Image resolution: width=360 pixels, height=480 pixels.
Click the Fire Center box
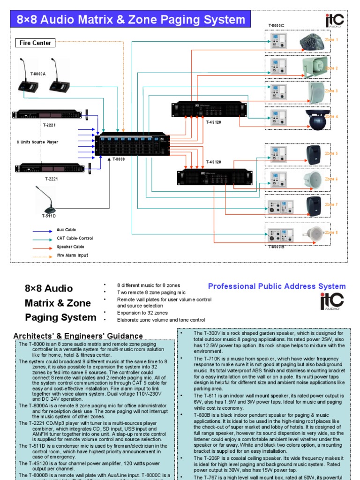[x=35, y=43]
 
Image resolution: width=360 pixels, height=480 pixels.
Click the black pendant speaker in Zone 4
[x=314, y=120]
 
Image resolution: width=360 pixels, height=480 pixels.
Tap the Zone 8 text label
[x=331, y=232]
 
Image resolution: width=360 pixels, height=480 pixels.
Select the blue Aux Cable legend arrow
[x=42, y=231]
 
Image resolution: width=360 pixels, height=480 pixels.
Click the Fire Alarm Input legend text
[x=72, y=255]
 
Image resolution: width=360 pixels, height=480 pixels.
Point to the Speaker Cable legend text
[x=71, y=247]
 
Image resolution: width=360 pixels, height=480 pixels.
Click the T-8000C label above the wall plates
[x=276, y=25]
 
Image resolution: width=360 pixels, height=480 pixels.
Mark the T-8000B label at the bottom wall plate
[x=277, y=247]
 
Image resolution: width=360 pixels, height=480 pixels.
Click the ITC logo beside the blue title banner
[x=335, y=20]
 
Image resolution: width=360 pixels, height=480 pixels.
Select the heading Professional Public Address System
[x=277, y=286]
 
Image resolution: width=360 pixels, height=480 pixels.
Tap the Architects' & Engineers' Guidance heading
[x=78, y=336]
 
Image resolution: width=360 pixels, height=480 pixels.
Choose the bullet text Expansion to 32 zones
[x=142, y=313]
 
